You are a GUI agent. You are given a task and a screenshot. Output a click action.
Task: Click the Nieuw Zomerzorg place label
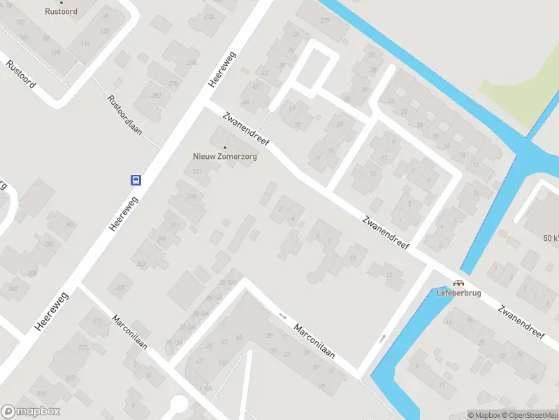tap(225, 157)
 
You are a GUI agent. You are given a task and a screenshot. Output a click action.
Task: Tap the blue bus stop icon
tap(136, 180)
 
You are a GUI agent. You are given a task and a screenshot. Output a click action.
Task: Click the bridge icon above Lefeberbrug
tap(458, 283)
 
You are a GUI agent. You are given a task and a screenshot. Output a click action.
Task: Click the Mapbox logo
tap(31, 412)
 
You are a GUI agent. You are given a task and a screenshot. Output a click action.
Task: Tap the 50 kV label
tap(551, 238)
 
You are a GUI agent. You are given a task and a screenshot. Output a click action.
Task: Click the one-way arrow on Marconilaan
tap(282, 316)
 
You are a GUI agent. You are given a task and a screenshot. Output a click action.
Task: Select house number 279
tap(324, 20)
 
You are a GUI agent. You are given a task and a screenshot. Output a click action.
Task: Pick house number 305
tap(120, 287)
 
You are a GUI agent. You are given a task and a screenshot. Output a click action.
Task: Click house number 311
tap(96, 321)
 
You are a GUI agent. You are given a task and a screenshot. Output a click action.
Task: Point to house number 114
tap(85, 43)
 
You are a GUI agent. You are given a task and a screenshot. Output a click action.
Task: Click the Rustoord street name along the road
tap(21, 73)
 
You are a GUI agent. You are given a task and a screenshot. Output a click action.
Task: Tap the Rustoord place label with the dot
tap(61, 12)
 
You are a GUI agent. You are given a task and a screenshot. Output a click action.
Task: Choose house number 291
tap(198, 171)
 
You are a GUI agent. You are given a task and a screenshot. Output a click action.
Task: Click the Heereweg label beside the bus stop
tap(124, 213)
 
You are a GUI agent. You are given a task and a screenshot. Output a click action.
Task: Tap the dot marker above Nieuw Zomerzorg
tap(224, 147)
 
